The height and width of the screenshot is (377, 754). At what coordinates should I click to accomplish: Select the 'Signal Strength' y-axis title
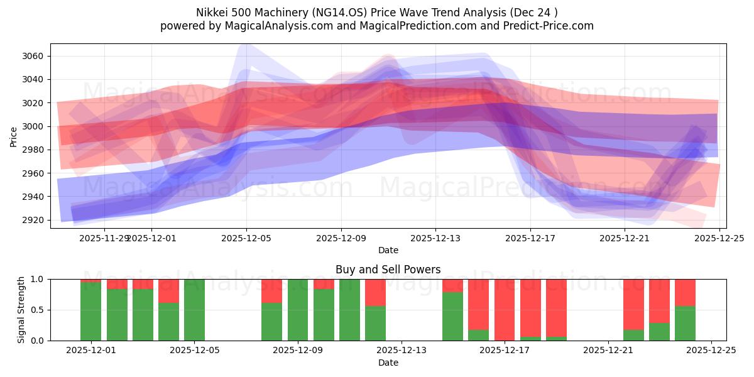point(21,309)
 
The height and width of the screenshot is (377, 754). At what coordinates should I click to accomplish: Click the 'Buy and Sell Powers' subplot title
point(388,270)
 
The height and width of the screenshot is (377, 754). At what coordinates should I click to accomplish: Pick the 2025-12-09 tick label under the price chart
point(341,238)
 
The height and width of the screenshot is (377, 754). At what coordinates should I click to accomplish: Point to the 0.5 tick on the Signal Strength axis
point(37,310)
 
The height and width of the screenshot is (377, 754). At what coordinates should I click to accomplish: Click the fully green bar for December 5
point(194,310)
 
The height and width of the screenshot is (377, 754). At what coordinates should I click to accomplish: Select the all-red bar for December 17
point(505,310)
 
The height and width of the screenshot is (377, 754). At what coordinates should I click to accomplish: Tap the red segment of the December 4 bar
point(168,291)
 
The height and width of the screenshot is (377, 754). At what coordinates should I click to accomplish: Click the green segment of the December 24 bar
point(685,323)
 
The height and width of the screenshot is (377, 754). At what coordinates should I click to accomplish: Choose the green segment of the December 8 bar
point(271,322)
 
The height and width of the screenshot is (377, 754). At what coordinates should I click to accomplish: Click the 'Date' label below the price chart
point(388,250)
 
